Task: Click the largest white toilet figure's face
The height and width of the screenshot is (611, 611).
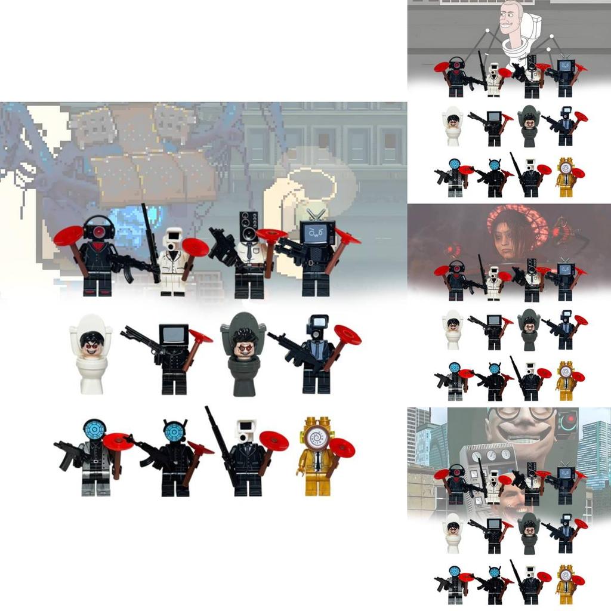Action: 91,343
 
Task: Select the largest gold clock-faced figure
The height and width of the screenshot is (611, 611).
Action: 317,456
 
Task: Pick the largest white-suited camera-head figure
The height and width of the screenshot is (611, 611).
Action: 174,263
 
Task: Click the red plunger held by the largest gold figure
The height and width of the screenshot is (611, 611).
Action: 342,448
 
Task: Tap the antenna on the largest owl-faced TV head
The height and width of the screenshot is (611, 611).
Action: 317,214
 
